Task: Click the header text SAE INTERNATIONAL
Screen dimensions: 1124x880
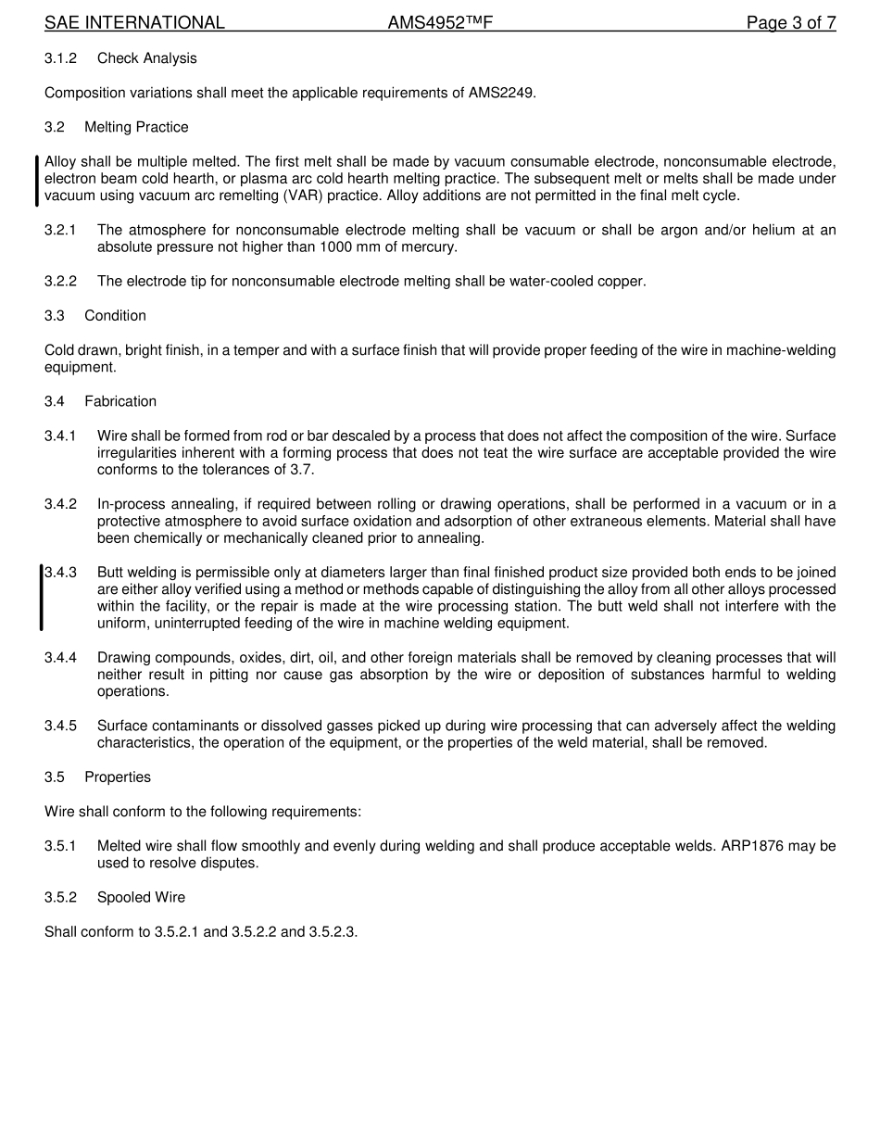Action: [134, 23]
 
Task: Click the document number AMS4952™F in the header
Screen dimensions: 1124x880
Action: [440, 23]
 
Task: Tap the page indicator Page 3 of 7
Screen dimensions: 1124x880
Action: [791, 23]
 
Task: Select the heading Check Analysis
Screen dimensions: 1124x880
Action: [147, 58]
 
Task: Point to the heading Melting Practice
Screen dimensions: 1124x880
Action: [136, 127]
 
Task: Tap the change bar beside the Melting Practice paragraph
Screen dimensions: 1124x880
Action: [37, 180]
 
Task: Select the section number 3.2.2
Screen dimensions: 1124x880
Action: [60, 281]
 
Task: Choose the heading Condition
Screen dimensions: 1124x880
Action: [115, 316]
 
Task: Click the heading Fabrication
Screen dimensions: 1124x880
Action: [120, 401]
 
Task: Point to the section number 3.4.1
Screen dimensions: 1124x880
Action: [60, 436]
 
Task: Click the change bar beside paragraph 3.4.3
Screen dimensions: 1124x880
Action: [41, 598]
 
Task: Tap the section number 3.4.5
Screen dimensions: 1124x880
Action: [60, 726]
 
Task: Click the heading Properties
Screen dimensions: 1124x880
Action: [118, 777]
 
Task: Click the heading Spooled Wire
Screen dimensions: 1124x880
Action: [141, 897]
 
